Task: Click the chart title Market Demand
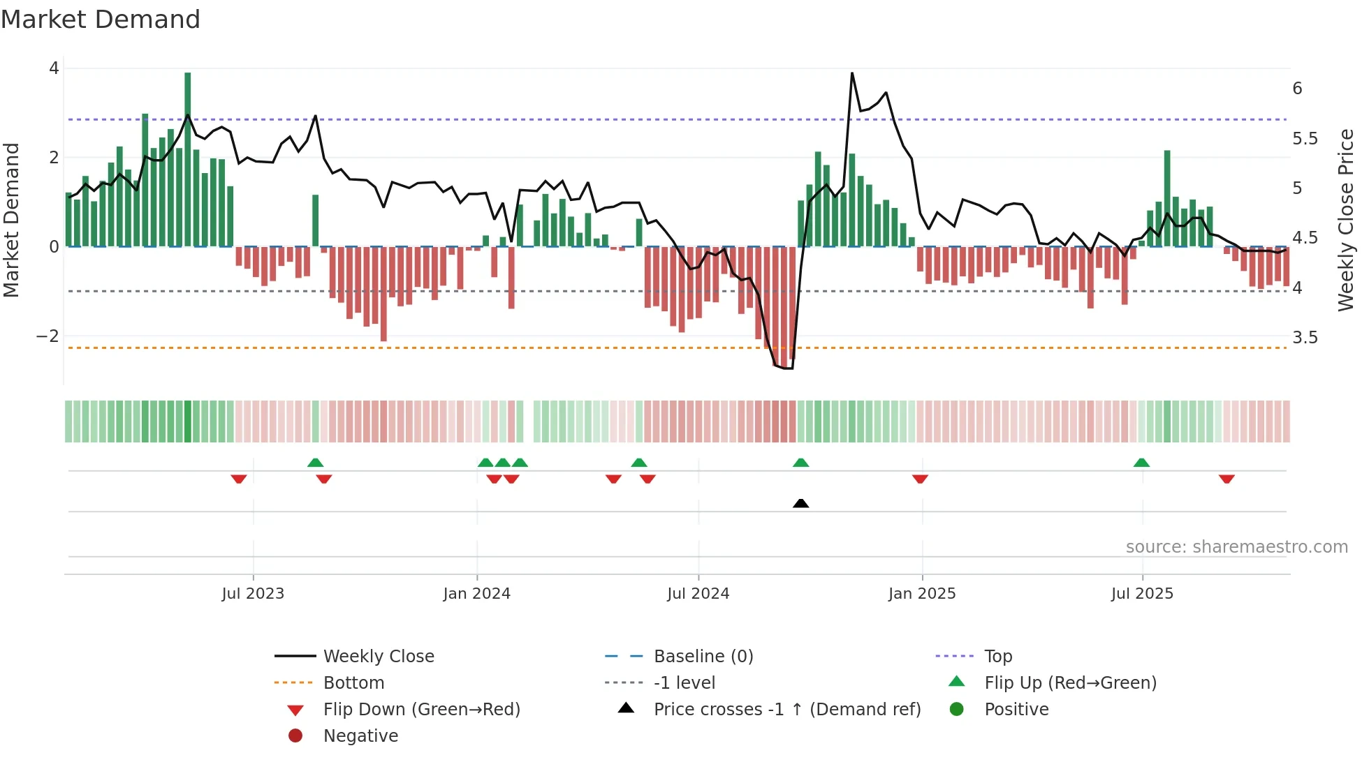[x=101, y=20]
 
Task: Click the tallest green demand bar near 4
[x=187, y=159]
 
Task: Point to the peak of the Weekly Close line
[x=852, y=73]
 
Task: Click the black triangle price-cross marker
[x=801, y=503]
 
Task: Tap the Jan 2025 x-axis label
[x=922, y=594]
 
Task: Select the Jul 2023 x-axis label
[x=253, y=594]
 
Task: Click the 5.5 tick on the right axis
[x=1305, y=139]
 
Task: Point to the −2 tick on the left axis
[x=47, y=336]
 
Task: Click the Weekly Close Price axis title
[x=1346, y=220]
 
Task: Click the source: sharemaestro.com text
[x=1236, y=547]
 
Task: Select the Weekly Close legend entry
[x=378, y=657]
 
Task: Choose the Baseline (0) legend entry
[x=703, y=657]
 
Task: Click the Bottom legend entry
[x=353, y=683]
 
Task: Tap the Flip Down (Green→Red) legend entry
[x=421, y=710]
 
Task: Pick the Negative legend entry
[x=360, y=736]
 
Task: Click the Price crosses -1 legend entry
[x=786, y=710]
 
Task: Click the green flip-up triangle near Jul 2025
[x=1141, y=463]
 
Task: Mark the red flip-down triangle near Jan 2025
[x=920, y=479]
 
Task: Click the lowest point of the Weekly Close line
[x=788, y=368]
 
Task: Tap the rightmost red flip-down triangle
[x=1227, y=479]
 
